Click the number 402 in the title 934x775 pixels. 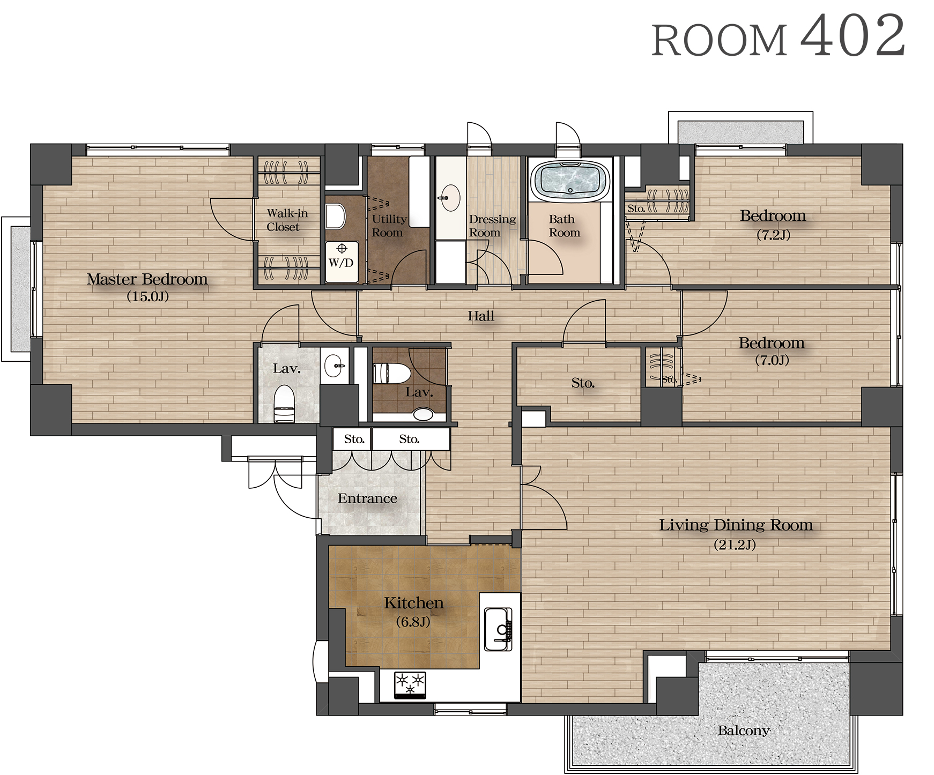point(853,36)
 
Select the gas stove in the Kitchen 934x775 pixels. point(410,685)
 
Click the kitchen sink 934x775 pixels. point(499,629)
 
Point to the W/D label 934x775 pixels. point(341,263)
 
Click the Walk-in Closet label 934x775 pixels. point(287,220)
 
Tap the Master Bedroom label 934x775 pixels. point(147,279)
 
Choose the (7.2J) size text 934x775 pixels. point(773,235)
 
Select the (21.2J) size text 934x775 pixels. point(735,545)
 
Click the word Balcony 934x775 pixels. point(744,731)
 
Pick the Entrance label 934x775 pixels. point(367,498)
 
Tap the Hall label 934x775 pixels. point(481,316)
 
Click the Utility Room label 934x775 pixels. point(389,226)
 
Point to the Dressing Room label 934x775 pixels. point(492,226)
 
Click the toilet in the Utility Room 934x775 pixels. point(336,217)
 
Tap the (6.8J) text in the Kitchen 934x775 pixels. point(413,622)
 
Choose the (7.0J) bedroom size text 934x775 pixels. point(772,360)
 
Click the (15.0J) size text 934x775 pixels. point(147,296)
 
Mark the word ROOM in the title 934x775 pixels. point(719,41)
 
